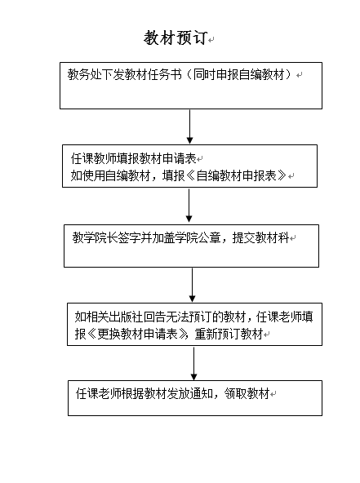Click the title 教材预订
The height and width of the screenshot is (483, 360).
click(x=176, y=38)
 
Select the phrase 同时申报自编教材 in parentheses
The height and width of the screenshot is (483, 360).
click(x=238, y=74)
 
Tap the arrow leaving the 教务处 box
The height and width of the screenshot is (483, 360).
click(x=190, y=126)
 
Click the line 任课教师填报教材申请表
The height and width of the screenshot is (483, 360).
click(x=133, y=158)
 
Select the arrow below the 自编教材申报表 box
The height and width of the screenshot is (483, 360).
click(x=189, y=205)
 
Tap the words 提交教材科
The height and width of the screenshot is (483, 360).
click(x=260, y=237)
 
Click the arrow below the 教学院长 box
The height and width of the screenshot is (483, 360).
click(x=192, y=285)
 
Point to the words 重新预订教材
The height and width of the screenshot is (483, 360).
click(x=229, y=334)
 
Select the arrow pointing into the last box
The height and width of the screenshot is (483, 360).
click(x=193, y=364)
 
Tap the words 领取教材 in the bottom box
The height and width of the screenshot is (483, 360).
click(x=247, y=393)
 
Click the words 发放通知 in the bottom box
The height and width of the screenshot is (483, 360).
click(x=190, y=393)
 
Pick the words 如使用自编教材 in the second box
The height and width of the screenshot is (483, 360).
click(x=110, y=175)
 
